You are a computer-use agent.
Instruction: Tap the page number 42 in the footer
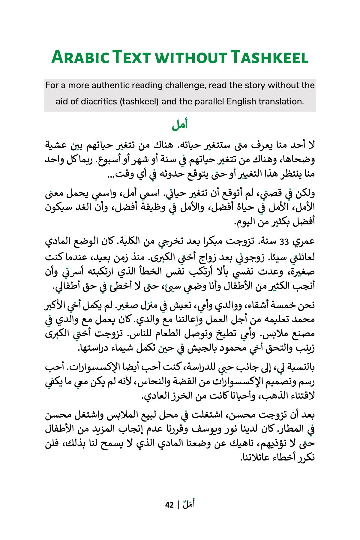169,505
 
